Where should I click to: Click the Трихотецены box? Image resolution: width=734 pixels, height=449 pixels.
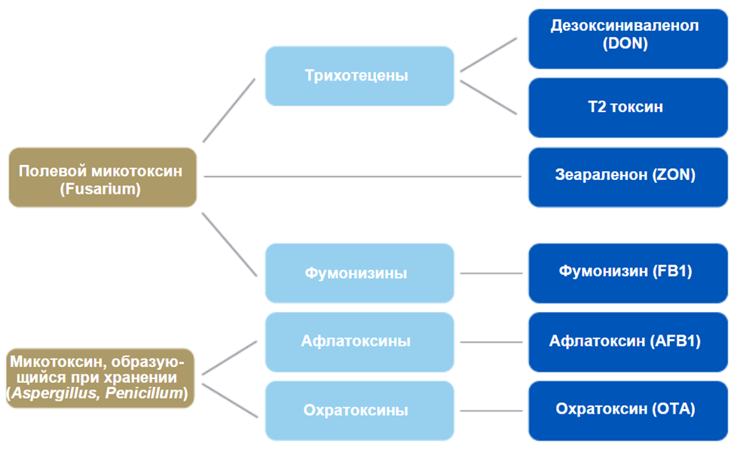(x=359, y=76)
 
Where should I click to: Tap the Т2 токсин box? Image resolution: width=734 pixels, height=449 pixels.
(x=625, y=107)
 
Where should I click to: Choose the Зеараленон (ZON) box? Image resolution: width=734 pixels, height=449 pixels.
(x=625, y=176)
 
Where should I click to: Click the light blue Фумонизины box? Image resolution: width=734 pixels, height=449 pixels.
(x=359, y=273)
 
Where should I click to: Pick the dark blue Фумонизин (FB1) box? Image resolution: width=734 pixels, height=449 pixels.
(x=625, y=272)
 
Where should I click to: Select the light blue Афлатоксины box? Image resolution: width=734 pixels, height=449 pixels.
(x=359, y=341)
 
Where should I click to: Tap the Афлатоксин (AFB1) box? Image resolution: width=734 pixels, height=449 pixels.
(x=625, y=341)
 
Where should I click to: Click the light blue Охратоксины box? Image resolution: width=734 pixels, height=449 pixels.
(x=359, y=411)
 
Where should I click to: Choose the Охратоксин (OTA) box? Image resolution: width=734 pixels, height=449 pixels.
(x=625, y=410)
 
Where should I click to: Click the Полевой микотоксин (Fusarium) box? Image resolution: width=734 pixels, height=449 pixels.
(x=102, y=178)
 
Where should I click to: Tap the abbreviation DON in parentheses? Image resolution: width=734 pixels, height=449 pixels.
(x=625, y=44)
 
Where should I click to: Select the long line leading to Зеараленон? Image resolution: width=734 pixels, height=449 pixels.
(x=362, y=177)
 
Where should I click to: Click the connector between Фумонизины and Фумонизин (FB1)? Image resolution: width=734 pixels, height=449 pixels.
(x=491, y=273)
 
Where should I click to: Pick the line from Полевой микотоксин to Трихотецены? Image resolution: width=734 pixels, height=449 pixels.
(x=229, y=110)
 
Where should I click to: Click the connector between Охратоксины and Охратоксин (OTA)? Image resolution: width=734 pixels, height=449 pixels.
(x=491, y=411)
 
